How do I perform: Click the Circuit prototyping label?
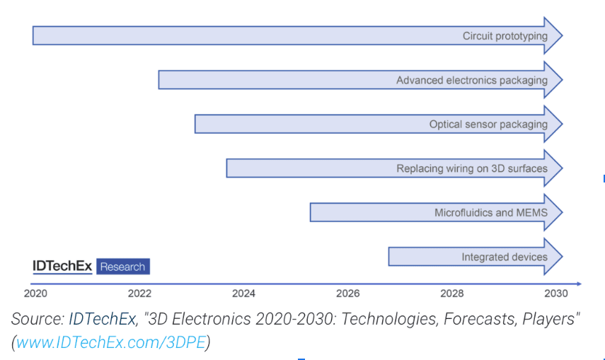pos(505,36)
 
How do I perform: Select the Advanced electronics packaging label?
pos(471,80)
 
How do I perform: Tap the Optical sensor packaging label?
pos(488,124)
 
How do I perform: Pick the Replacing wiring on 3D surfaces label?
pos(471,168)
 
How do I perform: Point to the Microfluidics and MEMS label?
pos(490,212)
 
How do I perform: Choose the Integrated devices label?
pos(504,257)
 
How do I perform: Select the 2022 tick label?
pos(139,293)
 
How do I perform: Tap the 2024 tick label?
pos(243,293)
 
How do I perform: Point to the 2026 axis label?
pos(347,293)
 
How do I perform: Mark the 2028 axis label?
pos(451,293)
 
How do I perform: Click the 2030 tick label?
pos(555,293)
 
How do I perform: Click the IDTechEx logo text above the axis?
pos(62,267)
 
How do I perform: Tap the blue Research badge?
pos(122,267)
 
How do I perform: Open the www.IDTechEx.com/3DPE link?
pos(111,342)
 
